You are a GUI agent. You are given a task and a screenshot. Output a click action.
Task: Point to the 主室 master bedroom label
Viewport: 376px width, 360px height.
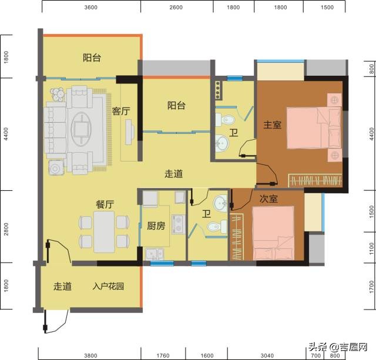click(272, 125)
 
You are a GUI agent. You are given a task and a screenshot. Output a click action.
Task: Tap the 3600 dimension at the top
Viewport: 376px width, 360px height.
click(91, 8)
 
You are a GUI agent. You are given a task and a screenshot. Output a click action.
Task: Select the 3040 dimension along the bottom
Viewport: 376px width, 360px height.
click(267, 355)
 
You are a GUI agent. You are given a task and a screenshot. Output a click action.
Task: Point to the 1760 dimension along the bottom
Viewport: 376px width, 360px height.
click(163, 355)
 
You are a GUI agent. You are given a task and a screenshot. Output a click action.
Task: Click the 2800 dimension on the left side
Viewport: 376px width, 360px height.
click(6, 227)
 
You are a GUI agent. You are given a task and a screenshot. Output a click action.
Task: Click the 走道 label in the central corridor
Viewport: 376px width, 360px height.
click(173, 174)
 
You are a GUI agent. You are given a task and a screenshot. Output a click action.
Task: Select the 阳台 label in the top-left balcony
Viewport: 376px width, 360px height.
click(92, 58)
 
